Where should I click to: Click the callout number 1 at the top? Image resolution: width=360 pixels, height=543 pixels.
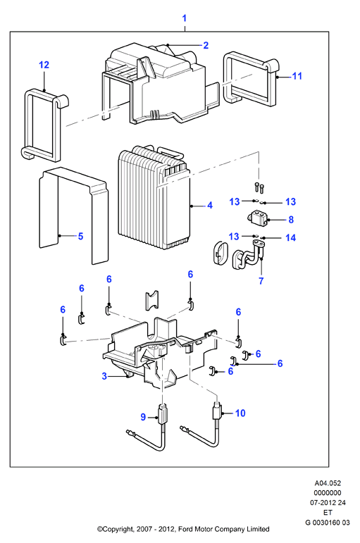185,18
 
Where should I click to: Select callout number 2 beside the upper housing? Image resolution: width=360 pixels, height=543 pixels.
206,45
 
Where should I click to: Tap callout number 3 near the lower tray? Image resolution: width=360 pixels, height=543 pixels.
104,376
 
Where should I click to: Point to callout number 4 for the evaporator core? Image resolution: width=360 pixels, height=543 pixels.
210,206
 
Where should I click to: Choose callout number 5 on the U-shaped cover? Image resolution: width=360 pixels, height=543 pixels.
80,236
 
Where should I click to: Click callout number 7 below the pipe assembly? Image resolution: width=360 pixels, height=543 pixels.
261,280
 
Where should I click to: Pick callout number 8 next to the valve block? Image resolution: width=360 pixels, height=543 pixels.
291,220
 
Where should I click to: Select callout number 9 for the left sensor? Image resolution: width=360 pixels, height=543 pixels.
143,417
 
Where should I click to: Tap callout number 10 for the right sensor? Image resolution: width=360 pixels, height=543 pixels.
240,413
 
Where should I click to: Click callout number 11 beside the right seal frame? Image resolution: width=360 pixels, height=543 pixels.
297,76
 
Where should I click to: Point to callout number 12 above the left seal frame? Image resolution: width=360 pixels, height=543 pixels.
44,65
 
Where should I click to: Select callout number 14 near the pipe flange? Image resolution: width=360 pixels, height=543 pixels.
291,237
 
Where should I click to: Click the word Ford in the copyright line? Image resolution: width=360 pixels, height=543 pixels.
186,529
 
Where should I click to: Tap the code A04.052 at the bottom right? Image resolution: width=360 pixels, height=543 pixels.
328,483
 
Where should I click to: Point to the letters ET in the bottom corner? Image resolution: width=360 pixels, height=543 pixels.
328,513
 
